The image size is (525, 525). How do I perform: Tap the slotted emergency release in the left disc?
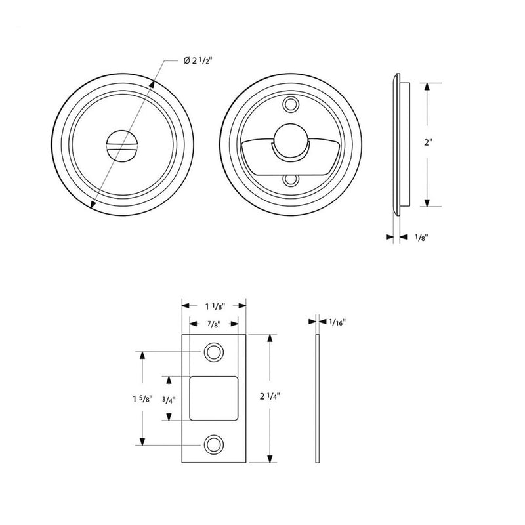tap(123, 145)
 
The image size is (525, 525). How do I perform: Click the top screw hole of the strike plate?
tap(213, 352)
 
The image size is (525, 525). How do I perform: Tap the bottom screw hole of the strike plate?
tap(213, 444)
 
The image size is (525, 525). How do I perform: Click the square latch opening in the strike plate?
tap(213, 398)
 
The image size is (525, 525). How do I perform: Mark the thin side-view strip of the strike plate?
tap(318, 398)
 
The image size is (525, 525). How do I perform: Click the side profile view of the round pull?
tap(399, 143)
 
